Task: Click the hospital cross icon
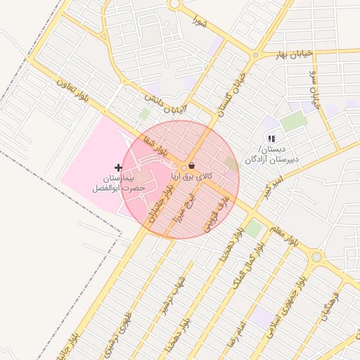[117, 167]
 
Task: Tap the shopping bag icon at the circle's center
[191, 166]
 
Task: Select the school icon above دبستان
[271, 139]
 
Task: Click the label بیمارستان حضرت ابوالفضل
[120, 184]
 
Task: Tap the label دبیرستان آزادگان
[272, 158]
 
